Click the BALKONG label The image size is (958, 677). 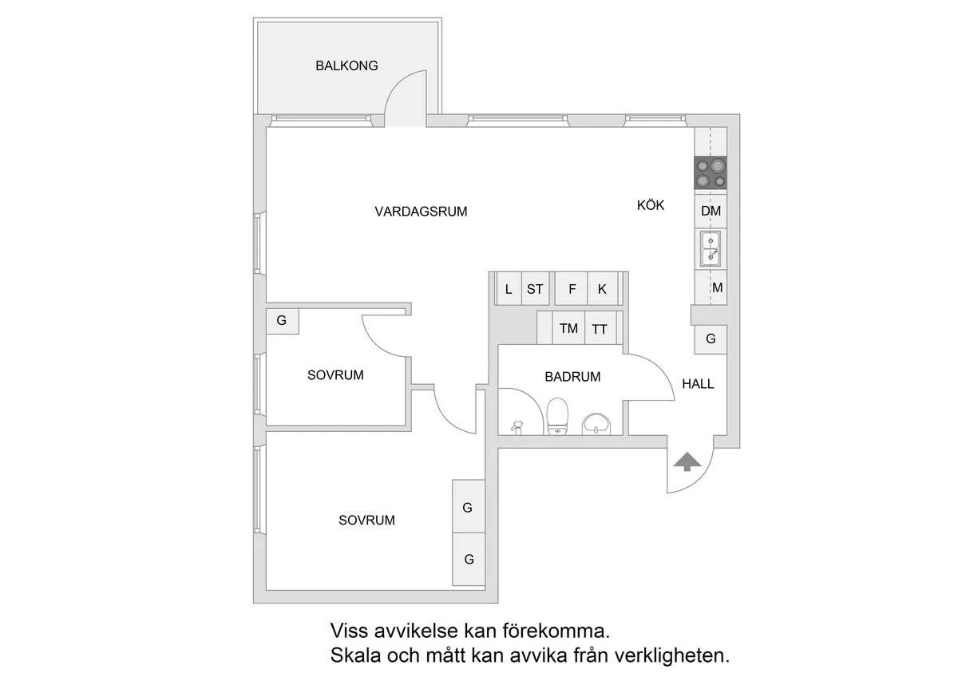346,66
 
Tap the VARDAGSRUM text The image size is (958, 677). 421,212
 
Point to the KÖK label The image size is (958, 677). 650,205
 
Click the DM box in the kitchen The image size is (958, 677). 711,211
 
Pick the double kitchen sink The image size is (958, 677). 711,247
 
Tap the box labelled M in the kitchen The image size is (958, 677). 716,287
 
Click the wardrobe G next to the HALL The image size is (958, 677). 711,338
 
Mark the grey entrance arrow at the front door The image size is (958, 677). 687,461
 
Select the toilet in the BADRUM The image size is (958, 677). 557,417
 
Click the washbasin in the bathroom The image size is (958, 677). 596,422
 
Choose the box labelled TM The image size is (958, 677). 568,328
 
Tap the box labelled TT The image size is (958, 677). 600,328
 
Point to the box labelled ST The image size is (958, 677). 535,289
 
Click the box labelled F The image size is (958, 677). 572,289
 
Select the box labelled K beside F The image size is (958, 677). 603,289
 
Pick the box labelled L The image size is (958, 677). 509,289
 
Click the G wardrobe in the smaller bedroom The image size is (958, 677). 282,321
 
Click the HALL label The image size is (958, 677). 698,384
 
